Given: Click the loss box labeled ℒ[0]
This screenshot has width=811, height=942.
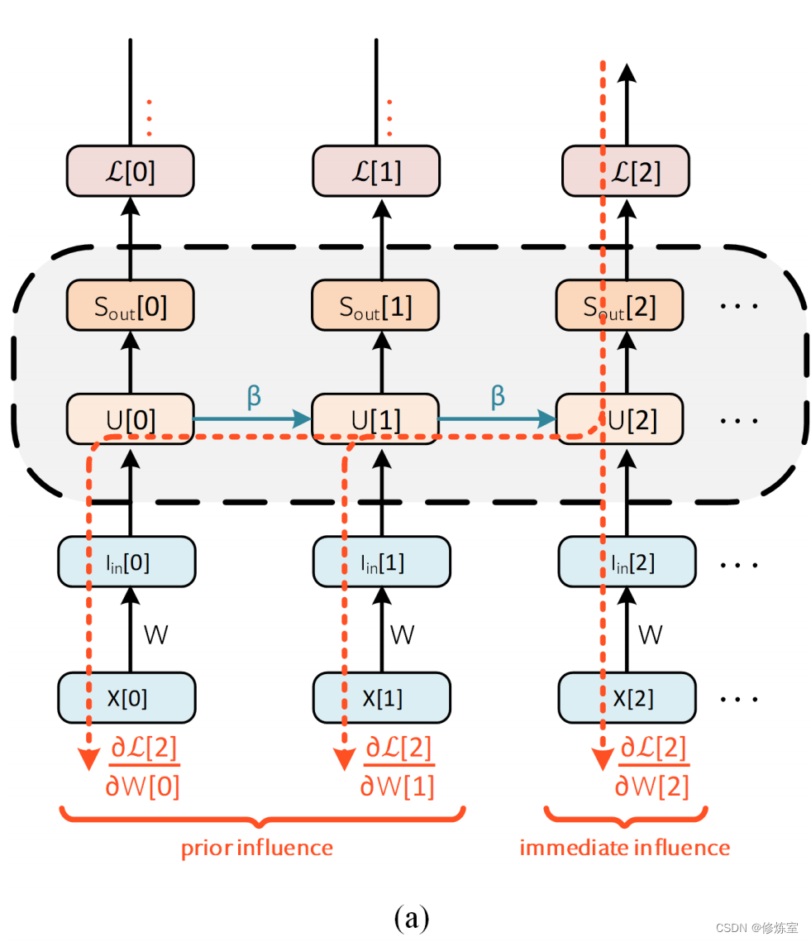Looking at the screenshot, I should [x=130, y=172].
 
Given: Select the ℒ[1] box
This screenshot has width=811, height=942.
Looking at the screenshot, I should [x=375, y=172].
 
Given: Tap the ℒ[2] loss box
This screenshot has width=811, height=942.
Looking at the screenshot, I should [x=623, y=172].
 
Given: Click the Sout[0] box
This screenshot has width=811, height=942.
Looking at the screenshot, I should [x=130, y=306].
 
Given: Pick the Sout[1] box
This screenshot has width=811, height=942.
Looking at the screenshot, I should [x=375, y=306].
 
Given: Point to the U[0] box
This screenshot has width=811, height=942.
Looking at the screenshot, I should [x=130, y=420].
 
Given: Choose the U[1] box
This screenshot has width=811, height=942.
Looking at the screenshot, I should [x=375, y=420].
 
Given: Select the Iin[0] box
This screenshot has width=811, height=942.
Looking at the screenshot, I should [x=126, y=562].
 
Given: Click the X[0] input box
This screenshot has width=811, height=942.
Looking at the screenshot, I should [x=126, y=698].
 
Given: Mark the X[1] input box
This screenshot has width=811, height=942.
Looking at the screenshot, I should [x=381, y=698].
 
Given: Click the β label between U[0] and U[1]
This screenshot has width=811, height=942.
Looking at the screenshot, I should [x=254, y=396].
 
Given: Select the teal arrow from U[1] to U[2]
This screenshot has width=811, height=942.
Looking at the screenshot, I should [x=496, y=419].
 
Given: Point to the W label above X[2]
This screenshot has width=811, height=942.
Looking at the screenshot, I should [x=651, y=634].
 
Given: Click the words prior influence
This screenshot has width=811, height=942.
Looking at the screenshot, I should [x=257, y=848].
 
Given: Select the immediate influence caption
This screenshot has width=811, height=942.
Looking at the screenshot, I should [x=624, y=848].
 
